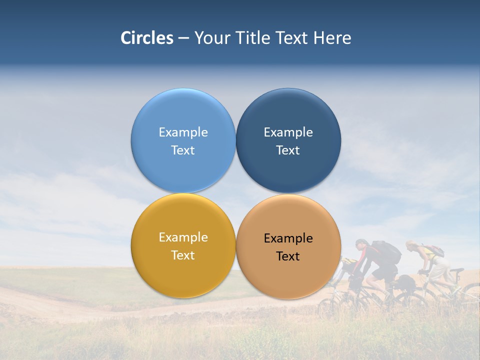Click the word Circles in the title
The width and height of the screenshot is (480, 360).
[x=146, y=38]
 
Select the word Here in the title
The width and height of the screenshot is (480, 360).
[x=332, y=38]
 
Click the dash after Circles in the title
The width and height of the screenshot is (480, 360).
[x=183, y=38]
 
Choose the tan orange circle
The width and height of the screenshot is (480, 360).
[x=288, y=275]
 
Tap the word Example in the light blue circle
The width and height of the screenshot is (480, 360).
[x=183, y=132]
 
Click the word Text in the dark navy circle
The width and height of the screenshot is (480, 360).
[x=288, y=150]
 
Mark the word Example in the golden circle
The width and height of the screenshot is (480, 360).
[x=183, y=237]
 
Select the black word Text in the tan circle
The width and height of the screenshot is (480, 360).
[x=288, y=256]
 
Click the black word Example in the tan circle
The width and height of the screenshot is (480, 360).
[x=288, y=238]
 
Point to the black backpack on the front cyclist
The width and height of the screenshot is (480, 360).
[x=387, y=252]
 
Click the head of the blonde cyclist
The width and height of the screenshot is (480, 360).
[x=411, y=246]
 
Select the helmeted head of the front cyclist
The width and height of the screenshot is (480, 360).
[x=361, y=244]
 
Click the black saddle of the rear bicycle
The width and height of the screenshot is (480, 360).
[x=456, y=270]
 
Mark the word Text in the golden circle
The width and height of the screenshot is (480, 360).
[x=183, y=255]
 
